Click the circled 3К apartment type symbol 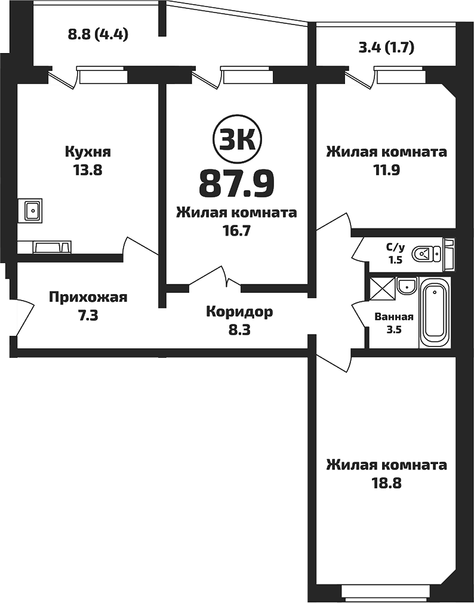point(236,141)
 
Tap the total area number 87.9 point(236,183)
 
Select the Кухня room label point(88,152)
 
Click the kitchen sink point(32,209)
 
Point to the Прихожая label point(88,297)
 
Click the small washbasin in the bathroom point(406,286)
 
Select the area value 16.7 point(236,230)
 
